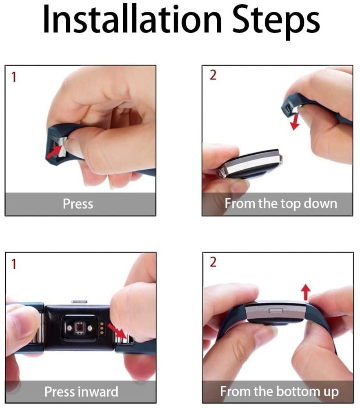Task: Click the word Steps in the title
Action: [272, 20]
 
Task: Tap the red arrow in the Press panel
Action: [54, 152]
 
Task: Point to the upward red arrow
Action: [306, 292]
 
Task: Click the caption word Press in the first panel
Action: [78, 203]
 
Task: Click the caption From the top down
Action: [281, 203]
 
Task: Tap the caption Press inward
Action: [81, 392]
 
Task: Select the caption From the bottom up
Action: [279, 392]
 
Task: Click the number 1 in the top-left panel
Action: [13, 78]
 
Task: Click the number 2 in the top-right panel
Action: [213, 76]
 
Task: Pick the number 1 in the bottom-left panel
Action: [13, 264]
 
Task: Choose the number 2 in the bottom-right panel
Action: [213, 262]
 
